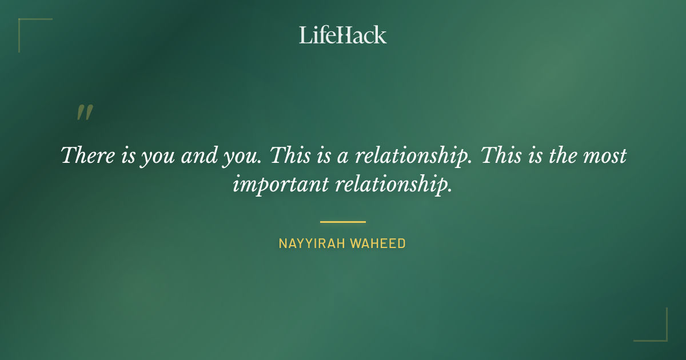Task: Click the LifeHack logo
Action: coord(342,35)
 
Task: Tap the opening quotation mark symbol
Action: coord(84,113)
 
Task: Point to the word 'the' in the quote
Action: coord(563,155)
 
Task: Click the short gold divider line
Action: coord(342,222)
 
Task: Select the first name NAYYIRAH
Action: coord(312,243)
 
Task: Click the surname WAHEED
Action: coord(378,243)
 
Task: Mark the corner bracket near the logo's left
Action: coord(29,29)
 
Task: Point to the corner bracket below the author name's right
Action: coord(657,331)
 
